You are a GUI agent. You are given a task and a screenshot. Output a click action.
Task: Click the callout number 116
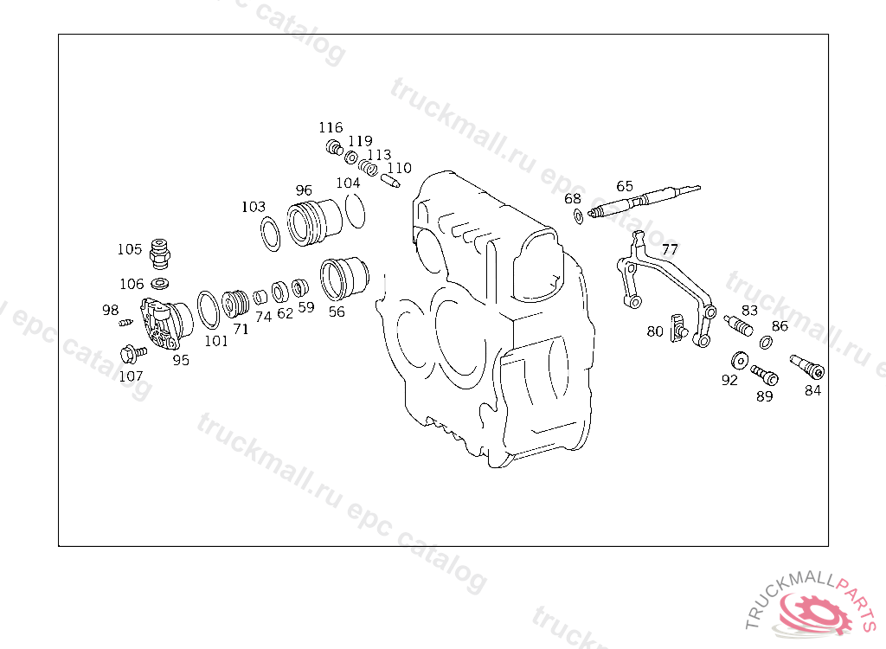331,128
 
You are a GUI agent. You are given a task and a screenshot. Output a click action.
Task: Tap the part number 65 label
625,187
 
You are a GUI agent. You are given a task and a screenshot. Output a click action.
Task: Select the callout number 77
670,249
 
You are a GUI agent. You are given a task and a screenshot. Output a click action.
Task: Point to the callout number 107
131,376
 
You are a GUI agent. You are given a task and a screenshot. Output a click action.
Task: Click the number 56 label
337,312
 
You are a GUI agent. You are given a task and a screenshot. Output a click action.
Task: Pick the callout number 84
812,390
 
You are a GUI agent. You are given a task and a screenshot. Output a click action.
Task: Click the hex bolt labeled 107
132,354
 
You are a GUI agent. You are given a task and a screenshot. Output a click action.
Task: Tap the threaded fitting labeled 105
160,254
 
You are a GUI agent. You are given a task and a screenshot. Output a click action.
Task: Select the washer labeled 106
160,283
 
